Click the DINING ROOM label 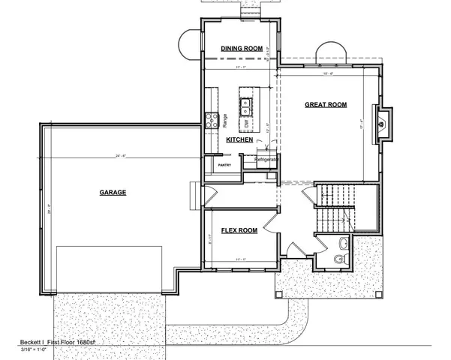tap(241, 49)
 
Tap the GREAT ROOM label tap(326, 105)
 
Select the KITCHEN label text tap(239, 140)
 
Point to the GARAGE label tap(113, 192)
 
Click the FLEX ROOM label tap(239, 230)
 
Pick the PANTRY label tap(223, 164)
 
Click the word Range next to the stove tap(224, 119)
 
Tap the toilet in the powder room tap(339, 258)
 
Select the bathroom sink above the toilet tap(342, 242)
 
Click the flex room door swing tap(291, 249)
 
